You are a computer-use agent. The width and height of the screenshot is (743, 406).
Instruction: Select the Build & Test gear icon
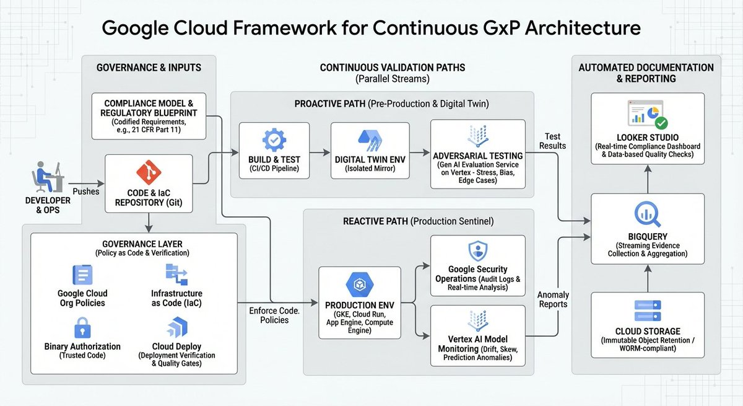tap(274, 141)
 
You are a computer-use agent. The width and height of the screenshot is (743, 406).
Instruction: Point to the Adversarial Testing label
tap(477, 155)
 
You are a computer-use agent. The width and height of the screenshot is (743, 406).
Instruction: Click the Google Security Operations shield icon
tap(477, 250)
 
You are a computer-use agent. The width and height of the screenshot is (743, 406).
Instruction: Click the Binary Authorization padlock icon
tap(82, 327)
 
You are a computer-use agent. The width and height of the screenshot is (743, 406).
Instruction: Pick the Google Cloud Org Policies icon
tap(82, 275)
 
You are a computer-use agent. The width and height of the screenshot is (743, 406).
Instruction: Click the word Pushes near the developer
tap(85, 192)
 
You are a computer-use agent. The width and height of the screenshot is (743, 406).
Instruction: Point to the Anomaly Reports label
tap(553, 299)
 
